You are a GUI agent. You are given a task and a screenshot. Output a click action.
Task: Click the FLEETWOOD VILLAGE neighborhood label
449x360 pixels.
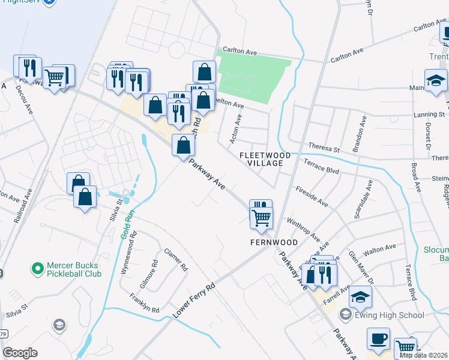tap(265, 159)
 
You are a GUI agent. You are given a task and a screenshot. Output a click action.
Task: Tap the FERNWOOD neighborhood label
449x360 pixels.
tap(274, 242)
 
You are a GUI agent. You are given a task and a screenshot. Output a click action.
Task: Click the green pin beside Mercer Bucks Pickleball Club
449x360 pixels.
tap(38, 268)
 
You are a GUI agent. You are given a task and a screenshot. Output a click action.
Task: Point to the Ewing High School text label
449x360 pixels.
tap(390, 315)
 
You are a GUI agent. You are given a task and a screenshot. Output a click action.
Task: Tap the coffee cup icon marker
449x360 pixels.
tap(378, 339)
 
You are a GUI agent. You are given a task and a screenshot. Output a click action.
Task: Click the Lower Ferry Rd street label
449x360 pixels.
tap(193, 301)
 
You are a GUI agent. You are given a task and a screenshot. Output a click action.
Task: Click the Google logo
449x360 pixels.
tap(20, 353)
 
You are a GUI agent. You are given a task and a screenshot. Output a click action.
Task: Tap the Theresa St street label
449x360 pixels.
tap(324, 146)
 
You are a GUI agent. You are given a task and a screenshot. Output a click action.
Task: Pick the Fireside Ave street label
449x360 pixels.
tap(312, 196)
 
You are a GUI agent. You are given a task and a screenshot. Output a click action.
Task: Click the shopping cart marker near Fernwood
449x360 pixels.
tap(261, 218)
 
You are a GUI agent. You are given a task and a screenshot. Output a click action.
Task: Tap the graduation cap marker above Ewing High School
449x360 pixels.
tap(360, 297)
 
